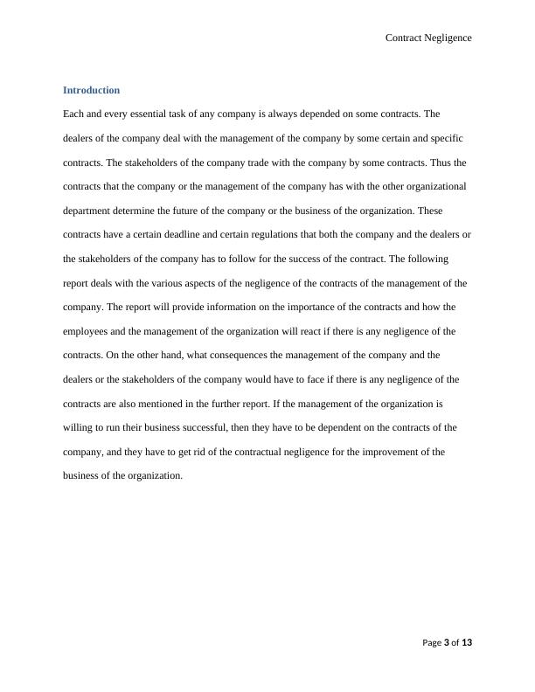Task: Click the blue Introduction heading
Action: coord(91,90)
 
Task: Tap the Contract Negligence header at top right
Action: coord(428,38)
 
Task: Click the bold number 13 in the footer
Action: coord(466,643)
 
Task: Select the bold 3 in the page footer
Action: coord(447,643)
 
